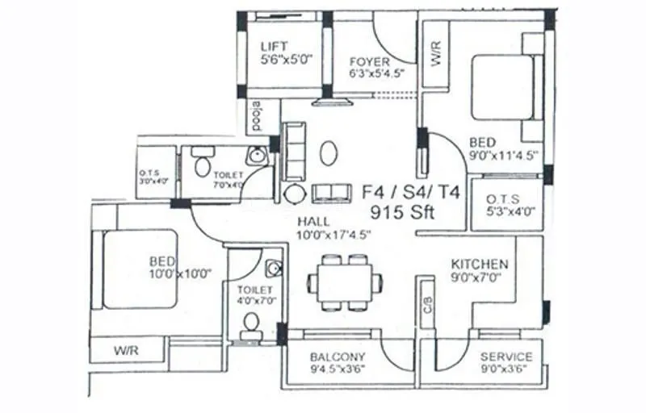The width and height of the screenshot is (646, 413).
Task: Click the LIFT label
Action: (x=274, y=47)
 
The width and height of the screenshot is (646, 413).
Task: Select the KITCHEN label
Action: (x=480, y=264)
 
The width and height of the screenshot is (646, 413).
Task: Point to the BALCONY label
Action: (x=338, y=357)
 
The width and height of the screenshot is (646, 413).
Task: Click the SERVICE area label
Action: (x=506, y=357)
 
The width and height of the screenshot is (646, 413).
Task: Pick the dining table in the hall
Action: (x=345, y=282)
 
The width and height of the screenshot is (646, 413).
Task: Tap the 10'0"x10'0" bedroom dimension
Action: (x=180, y=273)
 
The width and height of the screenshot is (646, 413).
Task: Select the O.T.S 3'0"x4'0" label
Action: (x=155, y=176)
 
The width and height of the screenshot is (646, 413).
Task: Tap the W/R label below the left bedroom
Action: (x=127, y=351)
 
